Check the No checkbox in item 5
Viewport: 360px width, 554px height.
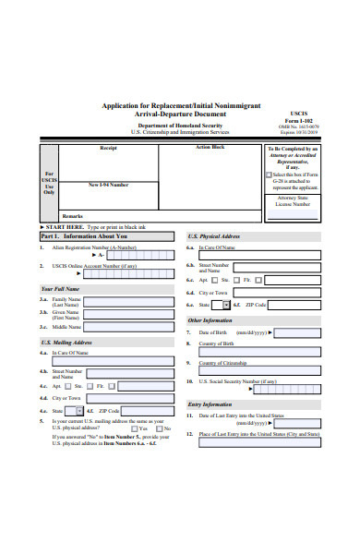click(161, 428)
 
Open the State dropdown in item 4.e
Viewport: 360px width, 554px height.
click(77, 410)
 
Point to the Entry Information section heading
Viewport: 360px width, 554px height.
click(210, 404)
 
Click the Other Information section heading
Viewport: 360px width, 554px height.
click(210, 320)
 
